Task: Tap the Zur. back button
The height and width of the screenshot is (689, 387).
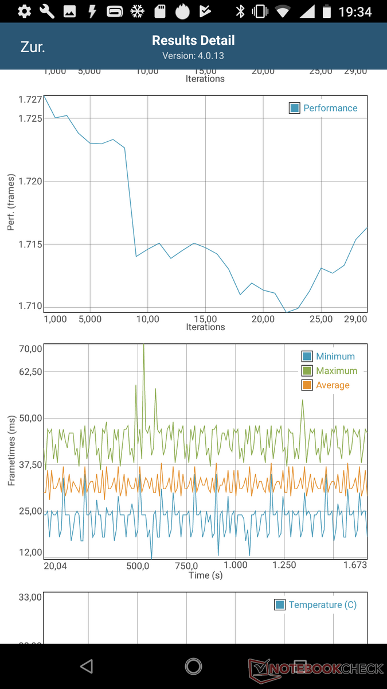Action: [x=33, y=47]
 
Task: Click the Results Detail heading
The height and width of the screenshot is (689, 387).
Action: [x=193, y=40]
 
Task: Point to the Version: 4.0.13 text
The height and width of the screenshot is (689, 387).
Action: [x=193, y=56]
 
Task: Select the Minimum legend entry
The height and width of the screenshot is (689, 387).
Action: [x=335, y=357]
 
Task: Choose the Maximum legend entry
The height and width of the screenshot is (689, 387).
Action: [x=336, y=371]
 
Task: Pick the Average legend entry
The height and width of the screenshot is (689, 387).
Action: [x=332, y=385]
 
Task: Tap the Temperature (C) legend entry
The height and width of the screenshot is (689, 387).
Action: [x=322, y=605]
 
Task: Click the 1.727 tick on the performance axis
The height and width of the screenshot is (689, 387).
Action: [x=30, y=99]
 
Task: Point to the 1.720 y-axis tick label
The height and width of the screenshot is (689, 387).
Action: [x=30, y=181]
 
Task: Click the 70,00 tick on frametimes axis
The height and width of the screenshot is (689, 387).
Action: [x=30, y=349]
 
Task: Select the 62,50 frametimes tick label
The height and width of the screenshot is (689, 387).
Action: [x=30, y=371]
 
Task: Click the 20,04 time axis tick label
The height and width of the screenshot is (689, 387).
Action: [x=55, y=566]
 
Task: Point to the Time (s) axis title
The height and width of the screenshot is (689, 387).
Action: [x=205, y=575]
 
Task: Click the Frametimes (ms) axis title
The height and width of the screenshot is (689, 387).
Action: [x=11, y=450]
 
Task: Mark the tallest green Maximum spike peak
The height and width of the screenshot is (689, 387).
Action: [x=143, y=345]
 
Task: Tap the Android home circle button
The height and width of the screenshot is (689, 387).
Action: [x=193, y=666]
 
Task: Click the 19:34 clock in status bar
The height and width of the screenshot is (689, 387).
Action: [x=355, y=11]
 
